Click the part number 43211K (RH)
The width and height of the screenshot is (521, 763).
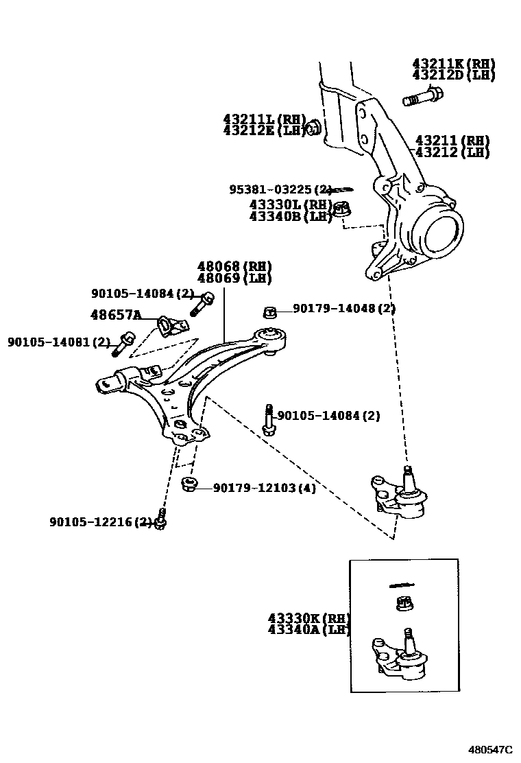(x=453, y=64)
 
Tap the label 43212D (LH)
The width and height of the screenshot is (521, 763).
(x=453, y=75)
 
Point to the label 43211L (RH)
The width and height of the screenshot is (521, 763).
(x=264, y=119)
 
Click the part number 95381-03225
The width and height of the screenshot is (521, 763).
(x=280, y=189)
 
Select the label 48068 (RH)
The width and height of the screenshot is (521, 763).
(x=234, y=267)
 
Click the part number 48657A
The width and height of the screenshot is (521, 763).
(x=116, y=315)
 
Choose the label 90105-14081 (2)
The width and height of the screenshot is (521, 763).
(x=59, y=342)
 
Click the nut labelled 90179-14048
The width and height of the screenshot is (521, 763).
(x=270, y=312)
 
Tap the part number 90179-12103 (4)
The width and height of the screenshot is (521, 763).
(x=264, y=488)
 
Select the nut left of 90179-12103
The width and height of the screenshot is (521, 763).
(x=189, y=485)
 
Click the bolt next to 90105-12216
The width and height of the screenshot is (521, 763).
(x=161, y=519)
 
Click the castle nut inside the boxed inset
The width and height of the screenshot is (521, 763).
(x=404, y=604)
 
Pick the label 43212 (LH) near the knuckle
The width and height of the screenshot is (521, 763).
(x=452, y=152)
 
